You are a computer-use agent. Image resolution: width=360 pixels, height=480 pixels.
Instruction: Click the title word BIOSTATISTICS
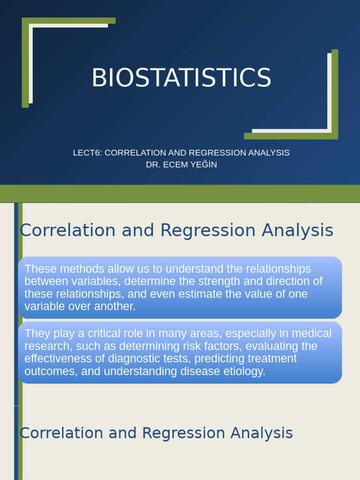pos(181,78)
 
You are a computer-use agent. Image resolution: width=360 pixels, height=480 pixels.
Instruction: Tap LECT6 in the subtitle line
pos(87,153)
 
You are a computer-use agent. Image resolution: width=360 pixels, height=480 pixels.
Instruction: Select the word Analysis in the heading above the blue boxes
pos(297,230)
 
